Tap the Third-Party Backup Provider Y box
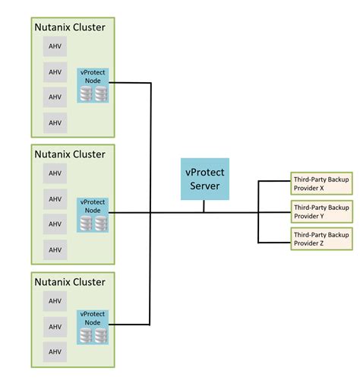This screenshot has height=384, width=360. (x=321, y=211)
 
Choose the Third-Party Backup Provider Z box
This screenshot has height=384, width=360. (x=321, y=240)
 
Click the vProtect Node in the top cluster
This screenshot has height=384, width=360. (x=93, y=86)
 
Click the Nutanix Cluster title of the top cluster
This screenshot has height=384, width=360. (x=70, y=28)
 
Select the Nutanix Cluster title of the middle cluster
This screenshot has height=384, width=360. (x=70, y=154)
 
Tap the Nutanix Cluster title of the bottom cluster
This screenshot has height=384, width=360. (x=70, y=281)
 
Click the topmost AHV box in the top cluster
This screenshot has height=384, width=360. (x=55, y=47)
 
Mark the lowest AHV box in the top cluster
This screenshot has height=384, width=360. (x=55, y=122)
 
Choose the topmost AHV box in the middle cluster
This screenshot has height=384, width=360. (x=55, y=174)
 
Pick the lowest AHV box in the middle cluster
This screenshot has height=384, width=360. (x=55, y=249)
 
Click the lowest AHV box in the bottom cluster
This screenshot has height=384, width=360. (x=55, y=352)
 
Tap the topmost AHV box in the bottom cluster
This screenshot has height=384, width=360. (x=55, y=302)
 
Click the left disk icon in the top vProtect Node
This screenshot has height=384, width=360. (x=87, y=94)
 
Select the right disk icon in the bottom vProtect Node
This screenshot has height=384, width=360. (x=101, y=335)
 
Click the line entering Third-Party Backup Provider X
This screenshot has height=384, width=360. (x=275, y=182)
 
